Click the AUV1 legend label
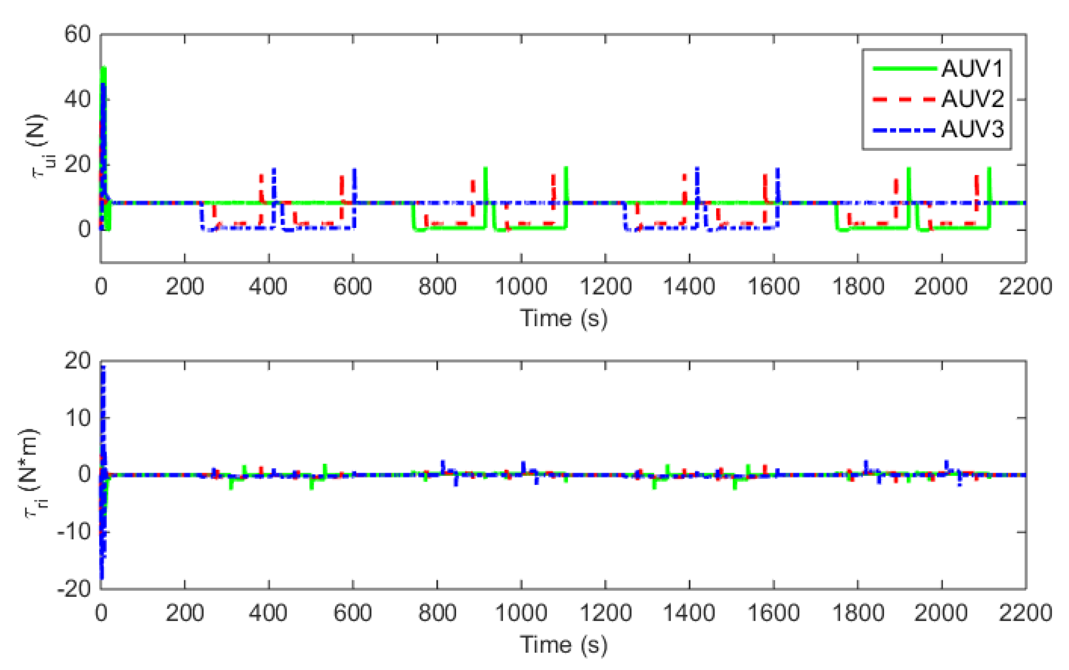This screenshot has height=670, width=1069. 972,69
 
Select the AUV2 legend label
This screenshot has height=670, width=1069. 972,99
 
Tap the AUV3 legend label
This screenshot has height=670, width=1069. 972,129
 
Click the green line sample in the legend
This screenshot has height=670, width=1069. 904,69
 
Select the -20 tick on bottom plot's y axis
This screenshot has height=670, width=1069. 74,589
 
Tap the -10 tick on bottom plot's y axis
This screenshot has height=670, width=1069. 74,531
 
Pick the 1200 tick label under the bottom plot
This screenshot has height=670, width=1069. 605,613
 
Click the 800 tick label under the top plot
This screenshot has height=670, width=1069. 437,286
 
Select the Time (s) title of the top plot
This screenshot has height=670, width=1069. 563,318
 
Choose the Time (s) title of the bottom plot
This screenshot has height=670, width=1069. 563,644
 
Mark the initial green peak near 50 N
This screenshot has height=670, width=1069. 104,69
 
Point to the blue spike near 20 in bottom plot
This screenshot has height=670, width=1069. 103,368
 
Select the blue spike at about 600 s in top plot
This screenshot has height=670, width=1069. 354,171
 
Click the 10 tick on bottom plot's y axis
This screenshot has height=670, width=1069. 78,418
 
